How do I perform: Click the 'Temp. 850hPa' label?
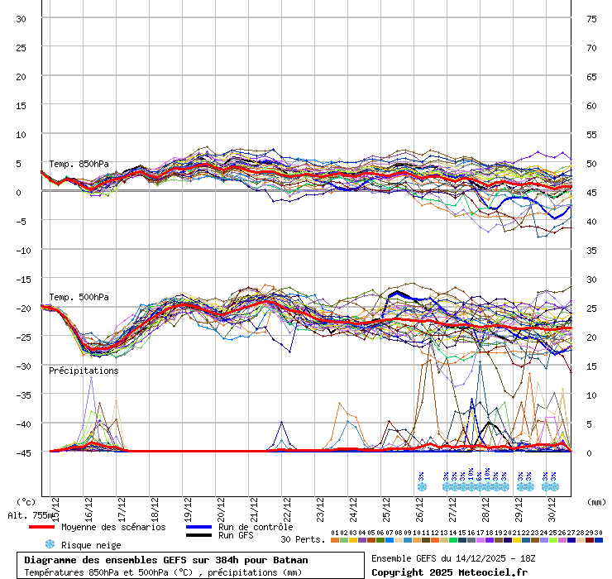coord(79,164)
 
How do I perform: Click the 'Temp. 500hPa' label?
coord(79,297)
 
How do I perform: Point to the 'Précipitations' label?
coord(84,371)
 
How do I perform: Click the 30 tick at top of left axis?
coord(21,18)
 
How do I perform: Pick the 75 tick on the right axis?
coord(591,18)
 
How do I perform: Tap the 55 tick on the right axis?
coord(591,134)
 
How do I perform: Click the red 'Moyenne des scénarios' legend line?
coord(53,527)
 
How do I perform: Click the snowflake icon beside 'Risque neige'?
coord(49,544)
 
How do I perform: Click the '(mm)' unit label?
coord(595,501)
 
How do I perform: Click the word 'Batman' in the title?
coord(290,560)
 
